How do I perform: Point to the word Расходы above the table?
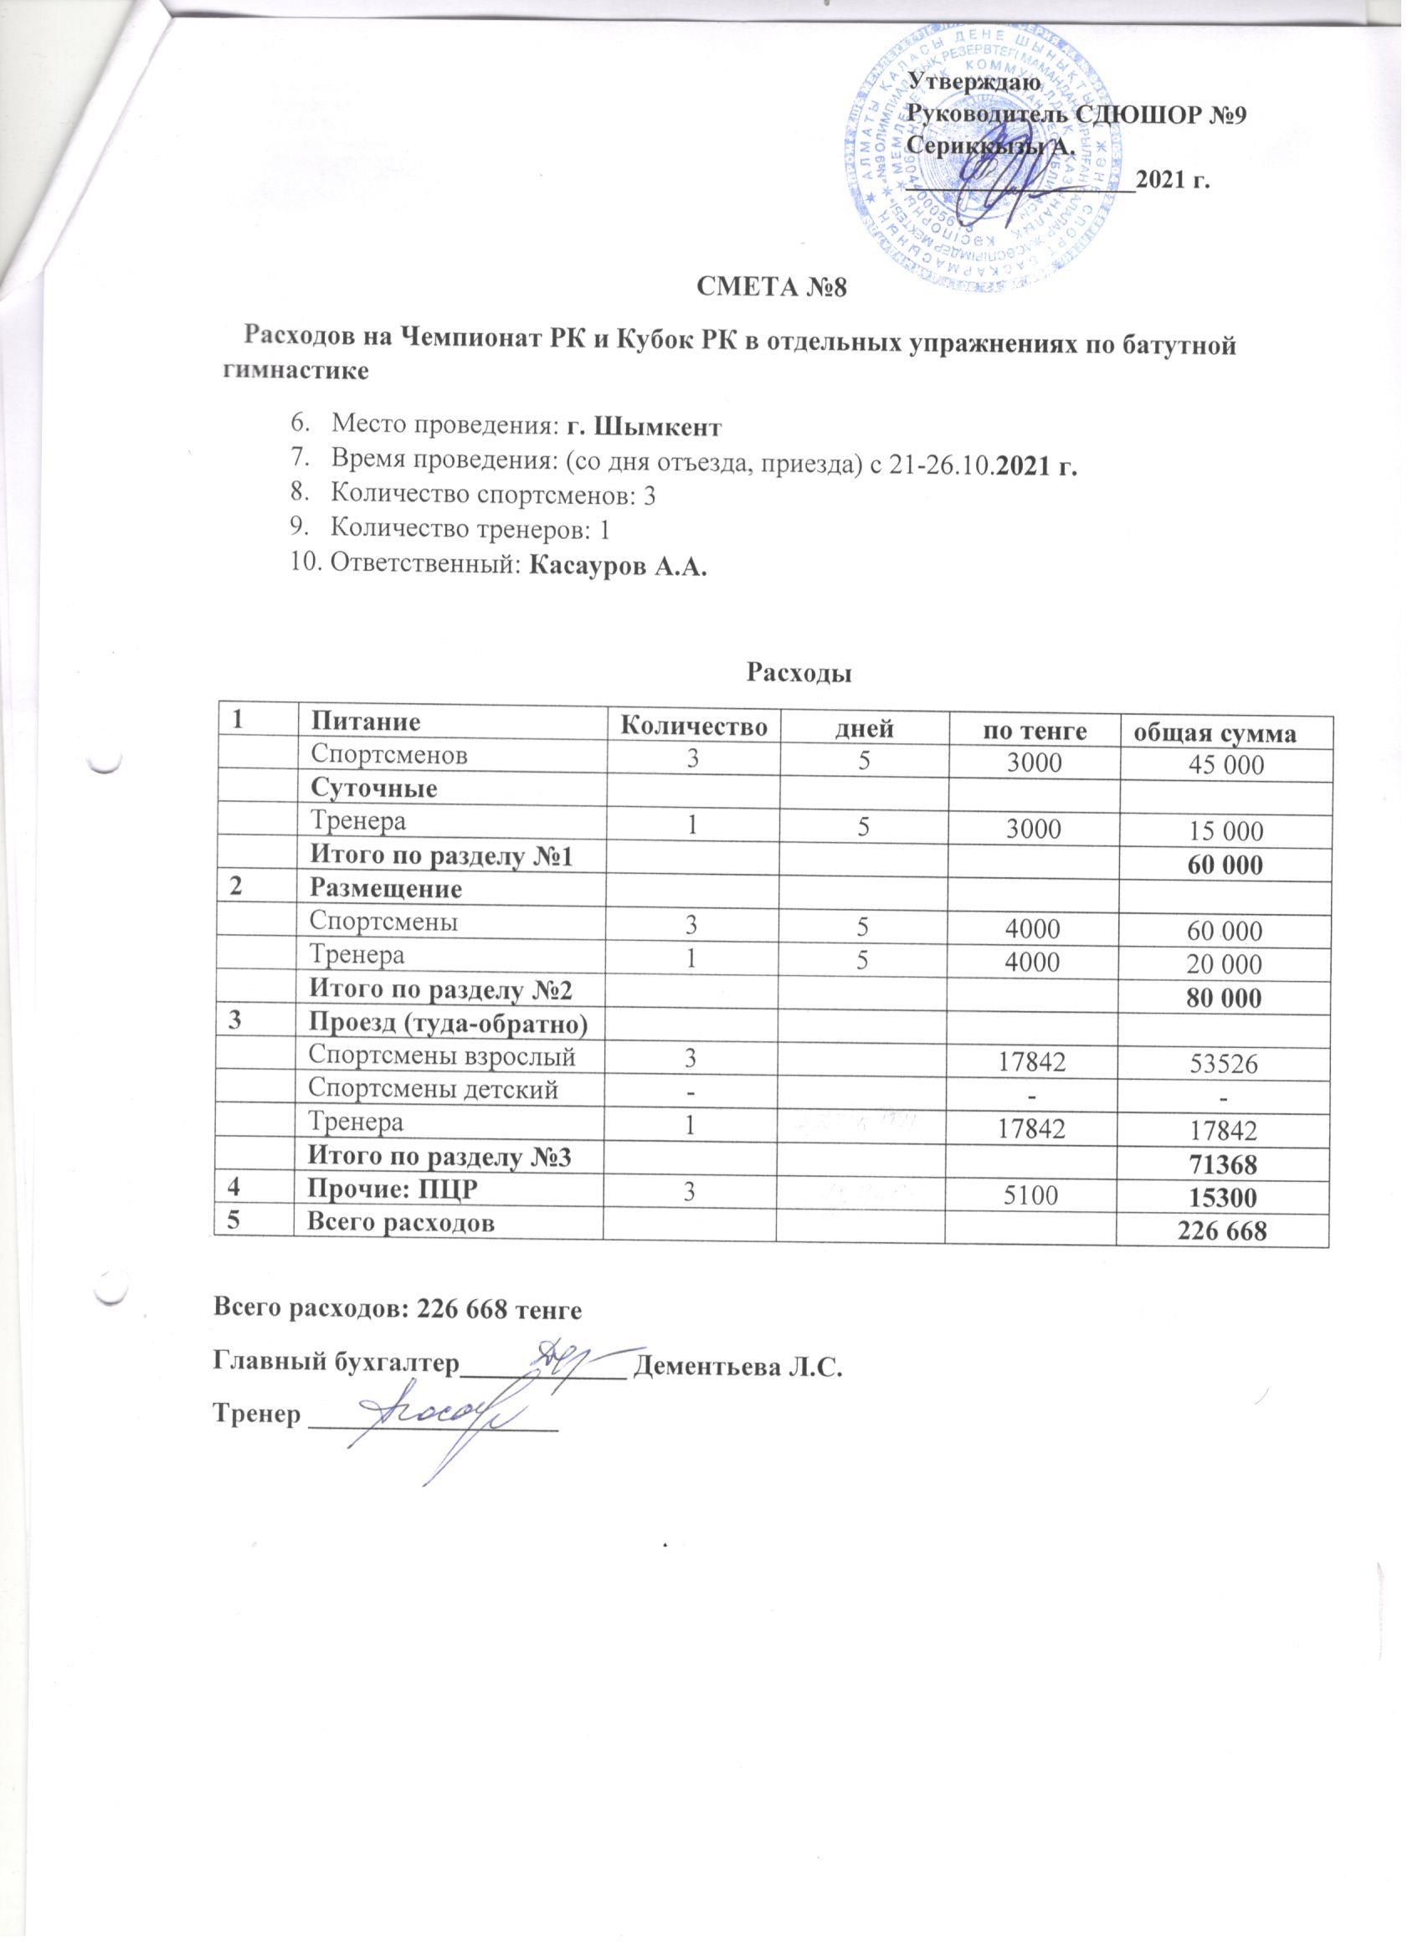799,672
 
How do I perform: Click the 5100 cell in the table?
1032,1196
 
